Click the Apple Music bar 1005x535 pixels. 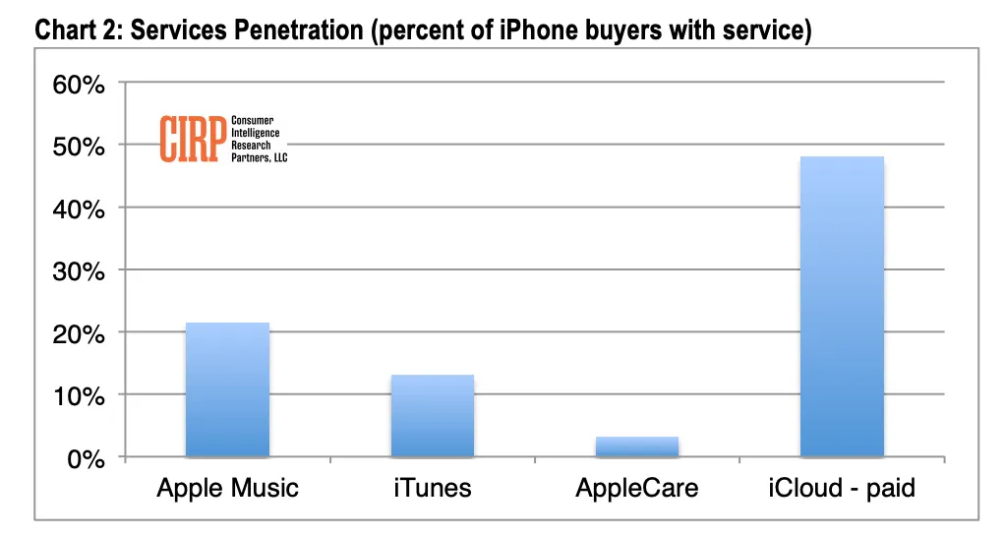(x=227, y=389)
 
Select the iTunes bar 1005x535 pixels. (x=432, y=415)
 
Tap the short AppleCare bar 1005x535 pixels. (x=636, y=446)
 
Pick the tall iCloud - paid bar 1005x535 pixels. (x=842, y=306)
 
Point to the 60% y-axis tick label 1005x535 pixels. (x=79, y=85)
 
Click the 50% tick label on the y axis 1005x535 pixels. (x=79, y=148)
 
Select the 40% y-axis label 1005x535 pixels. (x=79, y=209)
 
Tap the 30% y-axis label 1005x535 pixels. (x=79, y=272)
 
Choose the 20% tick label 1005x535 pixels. (x=79, y=335)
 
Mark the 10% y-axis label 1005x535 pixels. (x=79, y=397)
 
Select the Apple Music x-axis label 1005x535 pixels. (x=227, y=488)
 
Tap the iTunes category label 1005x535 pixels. (x=432, y=488)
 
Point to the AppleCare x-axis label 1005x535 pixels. (x=636, y=488)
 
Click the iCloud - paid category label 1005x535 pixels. (x=842, y=488)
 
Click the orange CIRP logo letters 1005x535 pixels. (x=190, y=139)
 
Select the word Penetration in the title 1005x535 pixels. (x=298, y=31)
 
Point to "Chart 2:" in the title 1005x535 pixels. (x=78, y=31)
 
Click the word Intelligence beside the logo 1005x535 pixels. (x=256, y=132)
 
